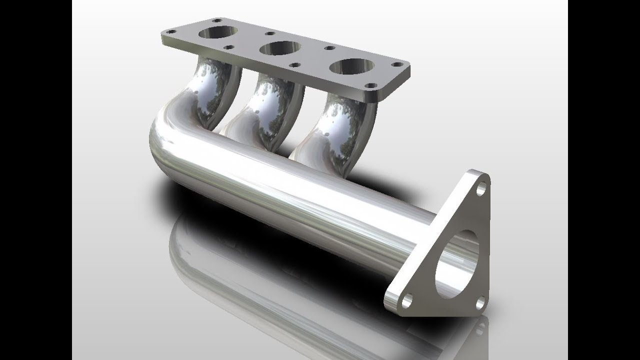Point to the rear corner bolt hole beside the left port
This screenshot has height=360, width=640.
217,21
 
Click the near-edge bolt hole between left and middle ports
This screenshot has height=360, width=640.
230,47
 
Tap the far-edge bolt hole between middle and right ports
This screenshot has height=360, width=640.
329,48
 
